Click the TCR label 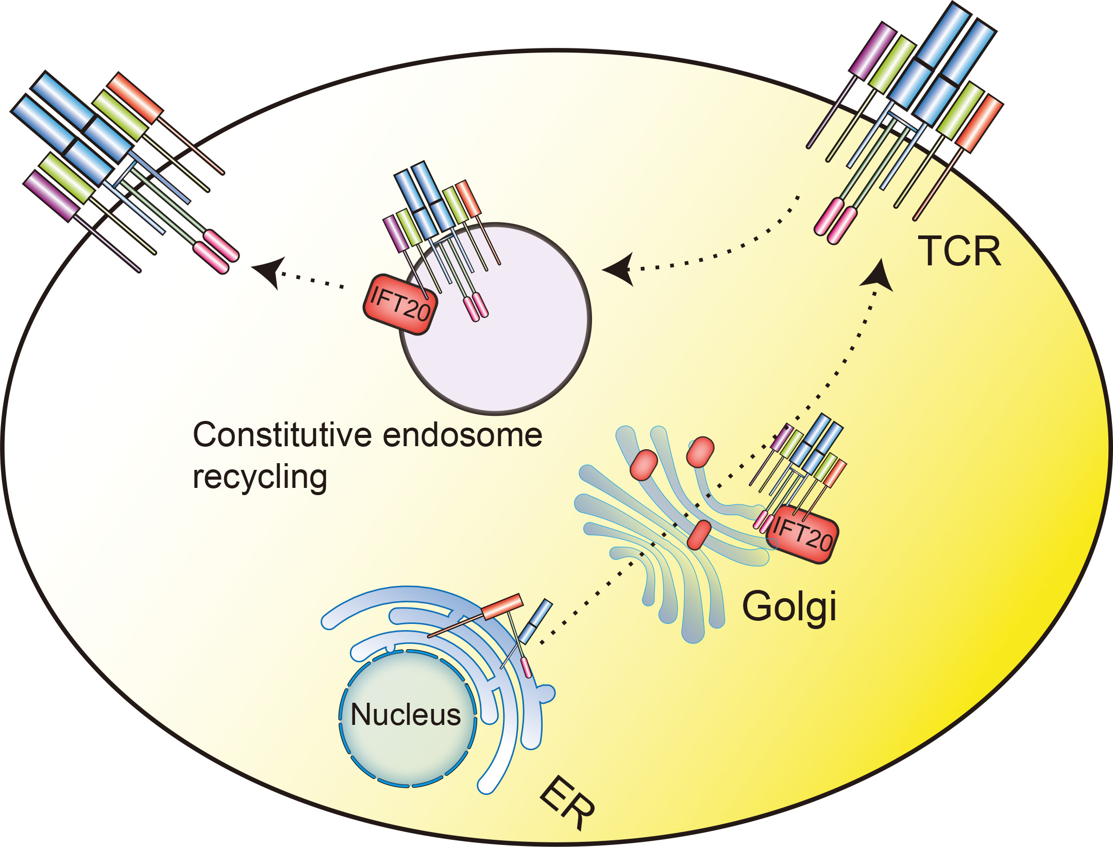tap(959, 251)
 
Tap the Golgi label tap(788, 607)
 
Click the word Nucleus tap(406, 715)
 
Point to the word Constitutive tap(282, 435)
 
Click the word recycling tap(260, 477)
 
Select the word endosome tap(463, 435)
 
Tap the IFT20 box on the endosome tap(400, 304)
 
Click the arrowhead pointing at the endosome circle tap(618, 269)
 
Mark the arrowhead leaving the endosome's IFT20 tap(268, 269)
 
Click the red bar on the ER tap(502, 607)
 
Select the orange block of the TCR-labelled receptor tap(979, 124)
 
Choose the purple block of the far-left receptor tap(52, 196)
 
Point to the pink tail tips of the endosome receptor tap(476, 308)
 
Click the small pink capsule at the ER tap(526, 668)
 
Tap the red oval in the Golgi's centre tap(699, 534)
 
